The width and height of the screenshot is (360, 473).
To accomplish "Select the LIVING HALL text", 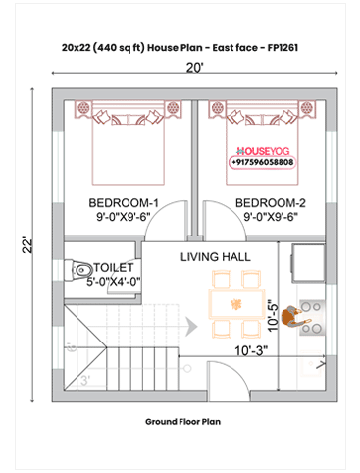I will pos(215,256).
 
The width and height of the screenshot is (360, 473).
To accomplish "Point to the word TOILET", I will pos(116,265).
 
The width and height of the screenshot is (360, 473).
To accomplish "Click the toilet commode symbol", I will pos(80,267).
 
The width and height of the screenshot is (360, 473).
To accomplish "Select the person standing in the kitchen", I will pos(293,315).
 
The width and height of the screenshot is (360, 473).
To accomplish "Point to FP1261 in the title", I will pos(292,46).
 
